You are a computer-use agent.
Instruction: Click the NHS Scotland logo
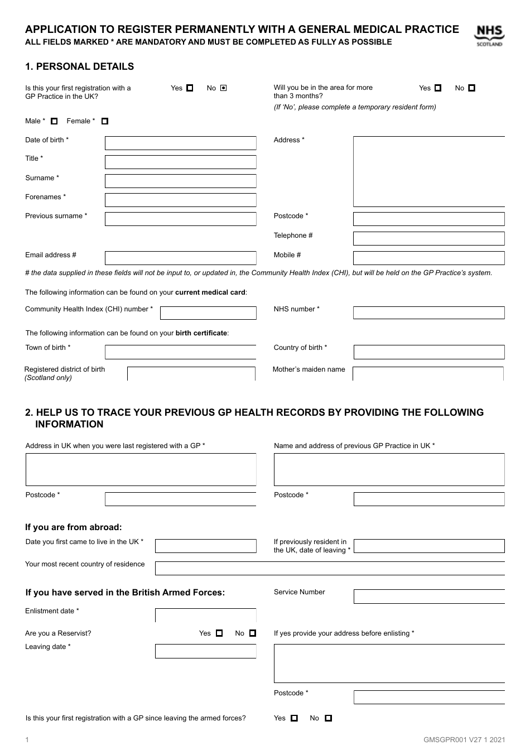point(489,36)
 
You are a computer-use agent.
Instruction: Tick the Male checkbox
point(54,121)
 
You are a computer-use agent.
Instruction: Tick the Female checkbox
point(105,121)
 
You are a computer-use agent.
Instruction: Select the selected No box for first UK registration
point(224,88)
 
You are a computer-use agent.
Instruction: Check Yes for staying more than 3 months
point(438,88)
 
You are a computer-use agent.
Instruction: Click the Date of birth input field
point(180,143)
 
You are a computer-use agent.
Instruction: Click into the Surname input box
point(180,181)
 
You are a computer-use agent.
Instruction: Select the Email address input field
point(180,258)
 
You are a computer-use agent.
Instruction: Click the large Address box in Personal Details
point(428,171)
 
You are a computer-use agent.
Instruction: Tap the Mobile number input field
point(428,258)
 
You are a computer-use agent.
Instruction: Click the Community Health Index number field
point(208,312)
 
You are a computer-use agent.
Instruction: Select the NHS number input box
point(428,312)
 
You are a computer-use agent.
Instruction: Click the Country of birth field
point(428,352)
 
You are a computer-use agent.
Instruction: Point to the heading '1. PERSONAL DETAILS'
point(79,66)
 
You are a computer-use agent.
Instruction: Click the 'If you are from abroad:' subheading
point(73,527)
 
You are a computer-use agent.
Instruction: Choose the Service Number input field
point(428,596)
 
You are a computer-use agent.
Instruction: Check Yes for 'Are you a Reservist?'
point(219,633)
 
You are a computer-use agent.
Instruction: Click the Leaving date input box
point(205,651)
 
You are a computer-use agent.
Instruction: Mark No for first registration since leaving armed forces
point(329,718)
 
